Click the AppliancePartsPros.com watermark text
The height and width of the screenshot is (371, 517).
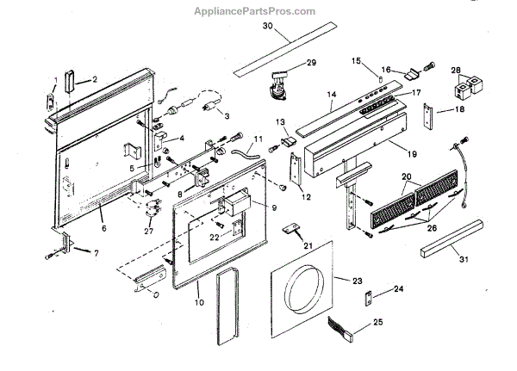point(258,10)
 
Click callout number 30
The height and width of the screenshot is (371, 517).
point(267,27)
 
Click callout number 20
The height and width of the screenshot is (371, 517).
point(408,176)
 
